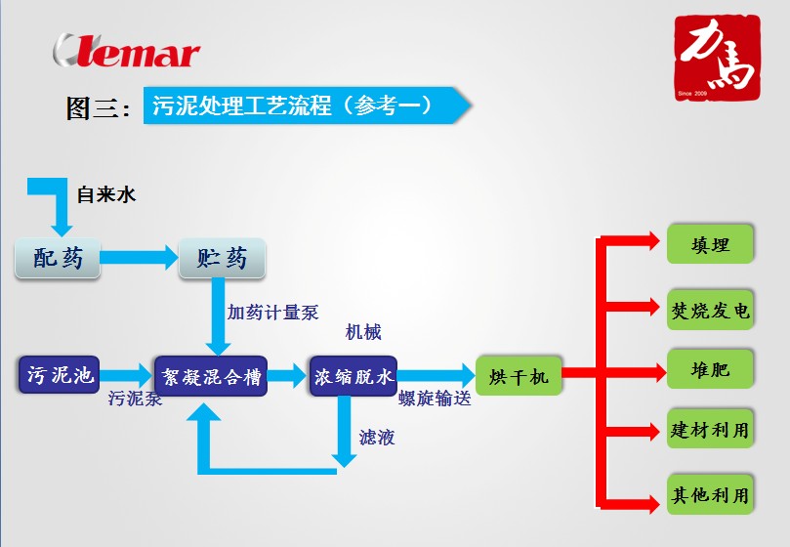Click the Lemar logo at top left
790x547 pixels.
click(x=127, y=51)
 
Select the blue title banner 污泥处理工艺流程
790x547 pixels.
click(x=303, y=105)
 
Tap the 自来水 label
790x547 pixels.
click(x=106, y=194)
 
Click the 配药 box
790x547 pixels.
click(x=58, y=259)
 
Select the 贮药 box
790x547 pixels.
click(x=223, y=259)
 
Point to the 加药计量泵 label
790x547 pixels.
click(x=273, y=313)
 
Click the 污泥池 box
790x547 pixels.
click(x=60, y=374)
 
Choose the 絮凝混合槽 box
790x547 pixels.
click(x=211, y=376)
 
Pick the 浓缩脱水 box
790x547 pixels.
click(x=353, y=376)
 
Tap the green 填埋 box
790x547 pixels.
click(x=710, y=244)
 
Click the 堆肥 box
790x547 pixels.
click(x=710, y=370)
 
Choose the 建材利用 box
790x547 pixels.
click(x=710, y=430)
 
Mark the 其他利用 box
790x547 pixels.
click(x=710, y=495)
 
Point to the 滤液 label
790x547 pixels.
click(x=377, y=438)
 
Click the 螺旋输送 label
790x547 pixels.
click(x=436, y=399)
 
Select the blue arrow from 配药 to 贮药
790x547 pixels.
click(x=139, y=258)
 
